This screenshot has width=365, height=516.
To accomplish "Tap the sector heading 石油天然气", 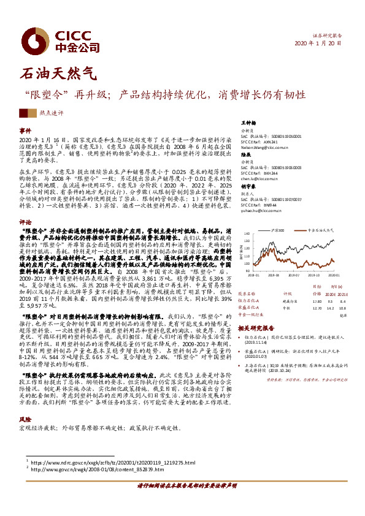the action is click(59, 74).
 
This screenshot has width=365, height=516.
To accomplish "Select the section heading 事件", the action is click(25, 131).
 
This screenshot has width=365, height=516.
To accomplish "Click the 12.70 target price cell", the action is click(316, 309).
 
